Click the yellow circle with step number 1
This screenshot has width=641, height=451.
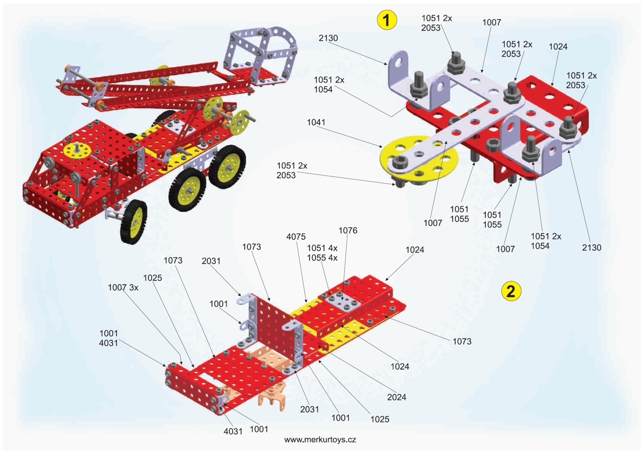click(387, 20)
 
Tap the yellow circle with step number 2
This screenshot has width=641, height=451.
click(511, 291)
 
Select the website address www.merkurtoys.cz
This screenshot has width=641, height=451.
click(320, 440)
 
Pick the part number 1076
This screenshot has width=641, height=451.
click(348, 231)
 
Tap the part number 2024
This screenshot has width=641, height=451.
click(396, 397)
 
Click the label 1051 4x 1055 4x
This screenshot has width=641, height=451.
click(323, 253)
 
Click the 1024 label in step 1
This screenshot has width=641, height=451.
click(558, 46)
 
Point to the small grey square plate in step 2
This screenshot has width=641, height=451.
click(340, 301)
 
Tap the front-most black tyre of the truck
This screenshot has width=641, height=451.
click(134, 220)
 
